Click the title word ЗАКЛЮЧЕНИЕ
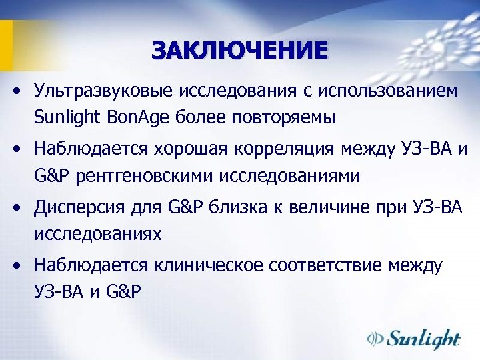pos(239,51)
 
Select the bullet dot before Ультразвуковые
pos(22,91)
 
